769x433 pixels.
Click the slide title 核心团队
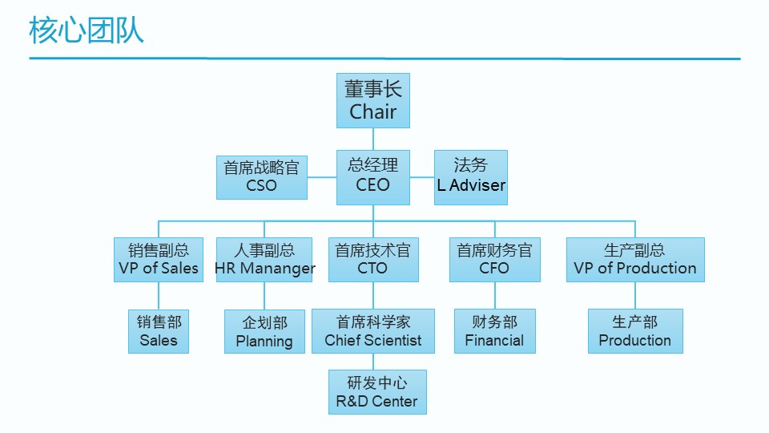tap(87, 30)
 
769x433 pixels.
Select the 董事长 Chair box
tap(372, 100)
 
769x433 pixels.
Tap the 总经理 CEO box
tap(372, 176)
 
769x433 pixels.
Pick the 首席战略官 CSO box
tap(261, 177)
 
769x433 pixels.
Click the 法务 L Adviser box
tap(471, 176)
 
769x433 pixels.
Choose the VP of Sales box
tap(159, 260)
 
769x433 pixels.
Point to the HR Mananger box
tap(264, 260)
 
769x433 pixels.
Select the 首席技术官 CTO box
tap(372, 260)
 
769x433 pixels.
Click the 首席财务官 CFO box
tap(494, 260)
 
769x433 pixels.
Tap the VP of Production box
tap(635, 260)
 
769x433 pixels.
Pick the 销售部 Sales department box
tap(159, 331)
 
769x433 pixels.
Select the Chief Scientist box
tap(372, 331)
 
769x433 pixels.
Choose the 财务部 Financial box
tap(494, 331)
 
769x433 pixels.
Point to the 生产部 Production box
tap(635, 331)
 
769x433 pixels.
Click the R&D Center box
tap(376, 392)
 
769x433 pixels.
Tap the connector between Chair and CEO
tap(372, 139)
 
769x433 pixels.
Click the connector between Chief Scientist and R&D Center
tap(372, 362)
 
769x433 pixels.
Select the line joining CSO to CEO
tap(322, 177)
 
